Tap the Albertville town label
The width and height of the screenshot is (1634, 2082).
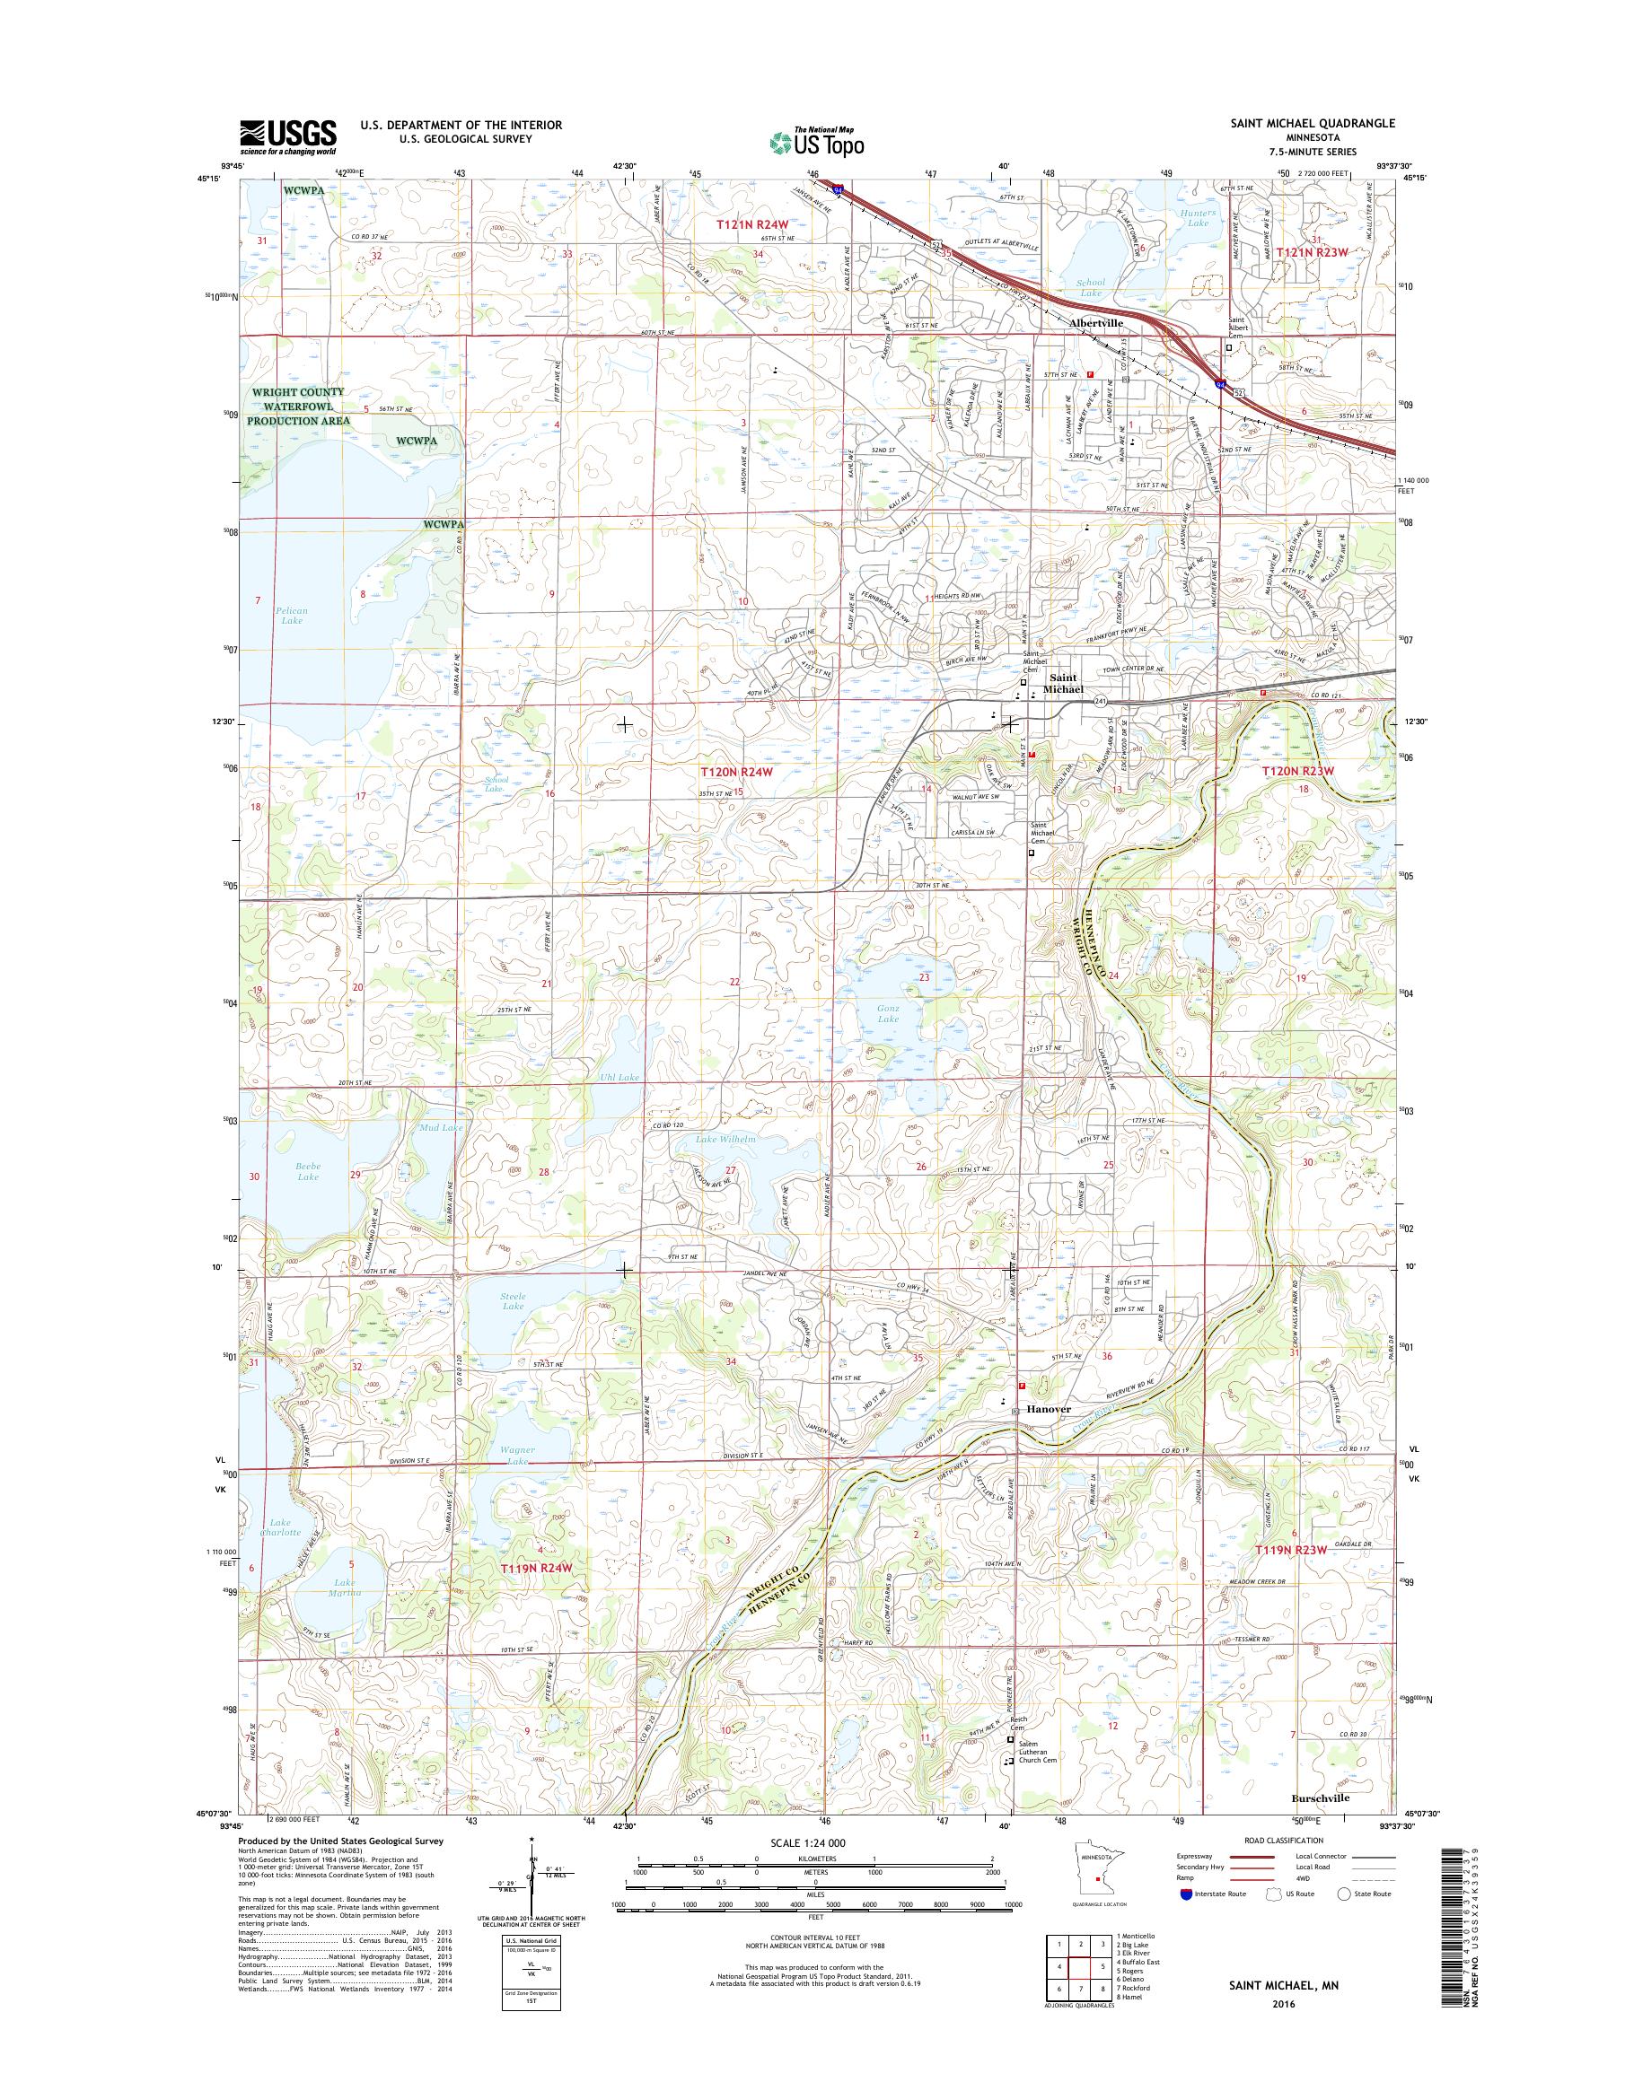[1096, 324]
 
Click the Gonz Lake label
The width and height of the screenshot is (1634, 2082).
[889, 1014]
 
